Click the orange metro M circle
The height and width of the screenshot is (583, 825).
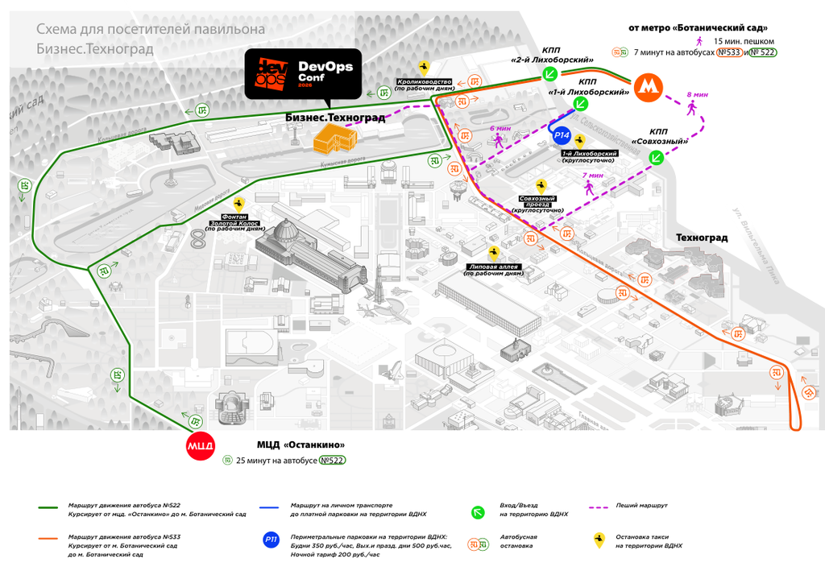648,87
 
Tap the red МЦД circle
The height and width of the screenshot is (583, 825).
200,446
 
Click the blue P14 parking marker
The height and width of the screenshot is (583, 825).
562,135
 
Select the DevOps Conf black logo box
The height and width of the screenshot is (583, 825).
305,74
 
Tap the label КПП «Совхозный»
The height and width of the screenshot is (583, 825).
658,136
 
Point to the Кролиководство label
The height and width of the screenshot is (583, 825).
425,85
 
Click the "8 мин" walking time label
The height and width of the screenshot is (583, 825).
697,95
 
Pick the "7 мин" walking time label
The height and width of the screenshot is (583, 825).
592,176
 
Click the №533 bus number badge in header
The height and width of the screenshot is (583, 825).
728,52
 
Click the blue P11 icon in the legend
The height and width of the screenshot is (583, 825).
272,540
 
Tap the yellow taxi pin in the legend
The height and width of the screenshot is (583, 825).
599,540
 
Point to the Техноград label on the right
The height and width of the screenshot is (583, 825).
702,238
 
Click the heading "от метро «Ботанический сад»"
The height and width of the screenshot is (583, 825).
698,28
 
